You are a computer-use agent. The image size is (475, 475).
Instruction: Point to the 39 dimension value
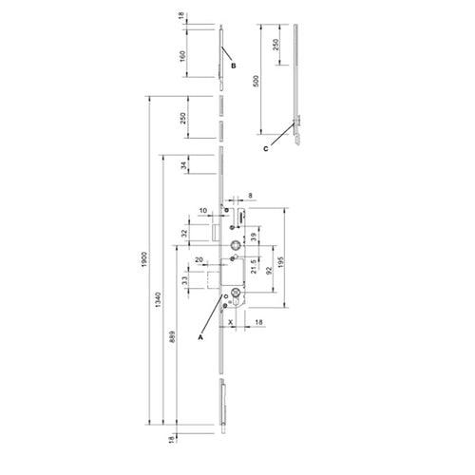254,238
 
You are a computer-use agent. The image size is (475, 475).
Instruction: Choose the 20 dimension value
200,258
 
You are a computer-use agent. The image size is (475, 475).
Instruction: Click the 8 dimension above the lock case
249,194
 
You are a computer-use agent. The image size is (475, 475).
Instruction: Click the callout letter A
199,335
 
